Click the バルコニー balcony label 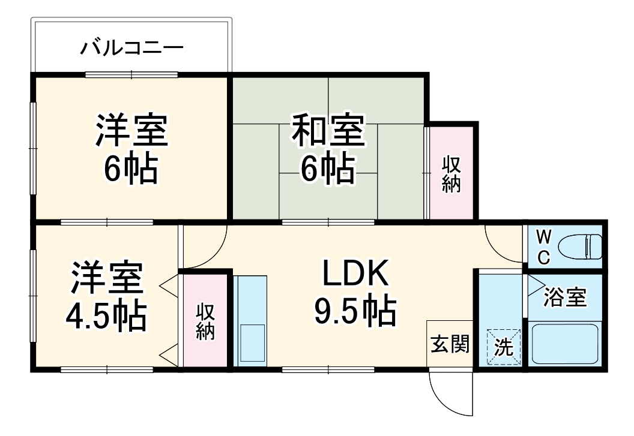click(x=131, y=47)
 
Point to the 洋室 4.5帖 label click(x=106, y=295)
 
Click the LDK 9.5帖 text click(x=356, y=293)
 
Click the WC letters click(x=543, y=246)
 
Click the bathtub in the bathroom click(x=564, y=344)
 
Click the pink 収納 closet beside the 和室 click(x=451, y=174)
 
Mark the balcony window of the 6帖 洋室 click(x=131, y=75)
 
